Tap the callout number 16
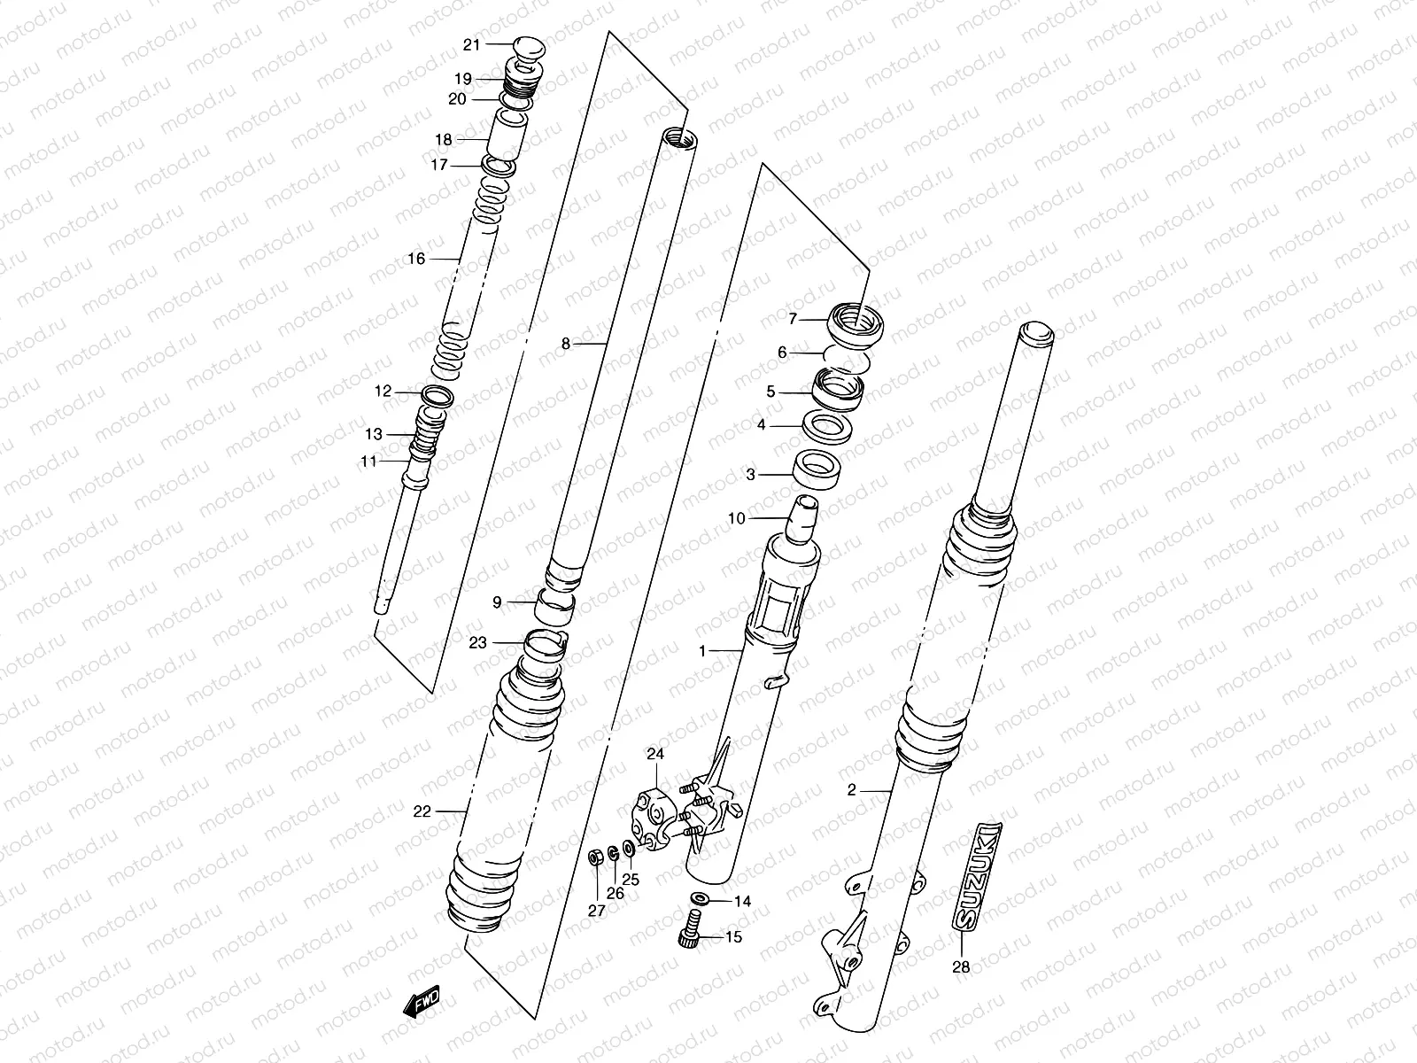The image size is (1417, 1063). pyautogui.click(x=416, y=259)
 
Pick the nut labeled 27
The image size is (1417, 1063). pyautogui.click(x=596, y=857)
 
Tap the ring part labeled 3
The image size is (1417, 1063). pyautogui.click(x=816, y=469)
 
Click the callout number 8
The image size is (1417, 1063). pyautogui.click(x=567, y=344)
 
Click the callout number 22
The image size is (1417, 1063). pyautogui.click(x=422, y=811)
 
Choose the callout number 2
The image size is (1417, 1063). pyautogui.click(x=852, y=790)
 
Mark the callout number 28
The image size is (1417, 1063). pyautogui.click(x=960, y=967)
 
